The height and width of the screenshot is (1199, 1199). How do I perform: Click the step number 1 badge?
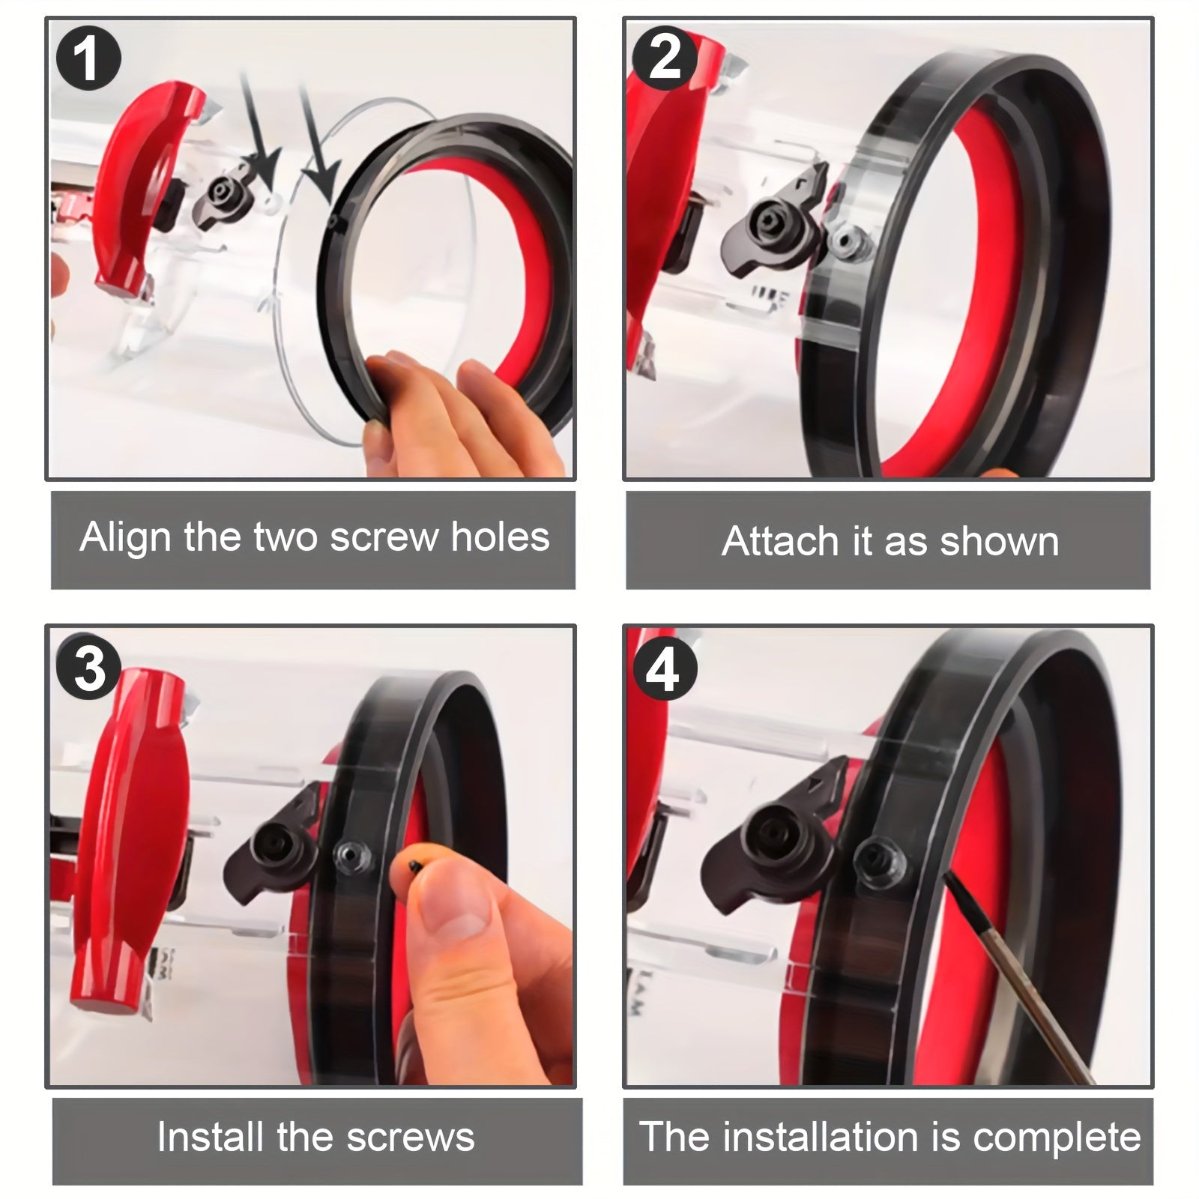tap(88, 58)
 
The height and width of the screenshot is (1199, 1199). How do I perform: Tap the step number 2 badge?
tap(664, 58)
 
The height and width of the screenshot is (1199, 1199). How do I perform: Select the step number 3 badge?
tap(89, 668)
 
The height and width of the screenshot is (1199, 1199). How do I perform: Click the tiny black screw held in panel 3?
tap(414, 865)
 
